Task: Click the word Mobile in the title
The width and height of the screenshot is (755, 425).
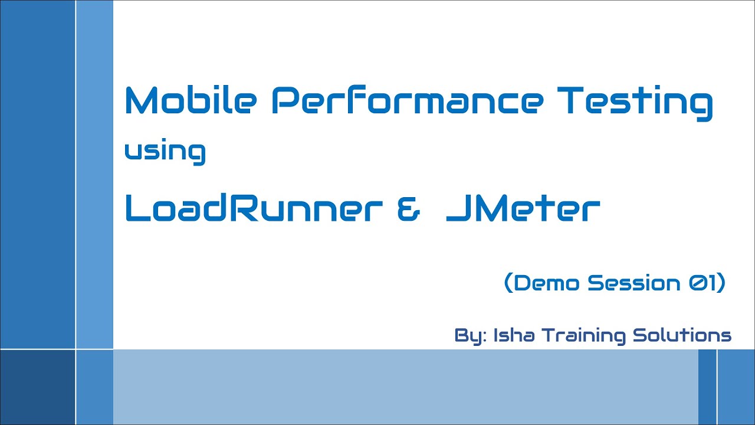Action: click(x=191, y=101)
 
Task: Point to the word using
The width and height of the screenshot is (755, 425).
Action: click(x=165, y=152)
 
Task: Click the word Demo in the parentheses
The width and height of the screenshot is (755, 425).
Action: click(x=548, y=283)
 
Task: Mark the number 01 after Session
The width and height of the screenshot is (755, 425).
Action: click(x=698, y=283)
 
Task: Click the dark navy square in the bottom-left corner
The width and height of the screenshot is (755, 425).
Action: click(x=38, y=387)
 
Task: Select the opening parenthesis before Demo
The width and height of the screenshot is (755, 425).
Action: click(x=508, y=284)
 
